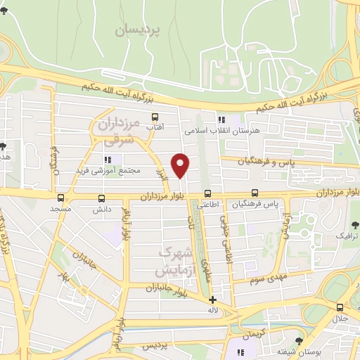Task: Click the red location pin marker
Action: [181, 165]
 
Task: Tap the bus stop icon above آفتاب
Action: [155, 117]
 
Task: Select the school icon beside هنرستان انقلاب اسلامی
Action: [221, 120]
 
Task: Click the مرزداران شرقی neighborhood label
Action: [116, 134]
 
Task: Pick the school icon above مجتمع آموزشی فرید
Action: [108, 160]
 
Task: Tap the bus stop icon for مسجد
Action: [61, 198]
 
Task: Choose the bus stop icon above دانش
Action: [102, 198]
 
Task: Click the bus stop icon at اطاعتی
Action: [207, 193]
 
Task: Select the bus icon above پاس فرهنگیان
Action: [255, 193]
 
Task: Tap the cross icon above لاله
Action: [213, 300]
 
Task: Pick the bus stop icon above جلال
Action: [340, 307]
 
